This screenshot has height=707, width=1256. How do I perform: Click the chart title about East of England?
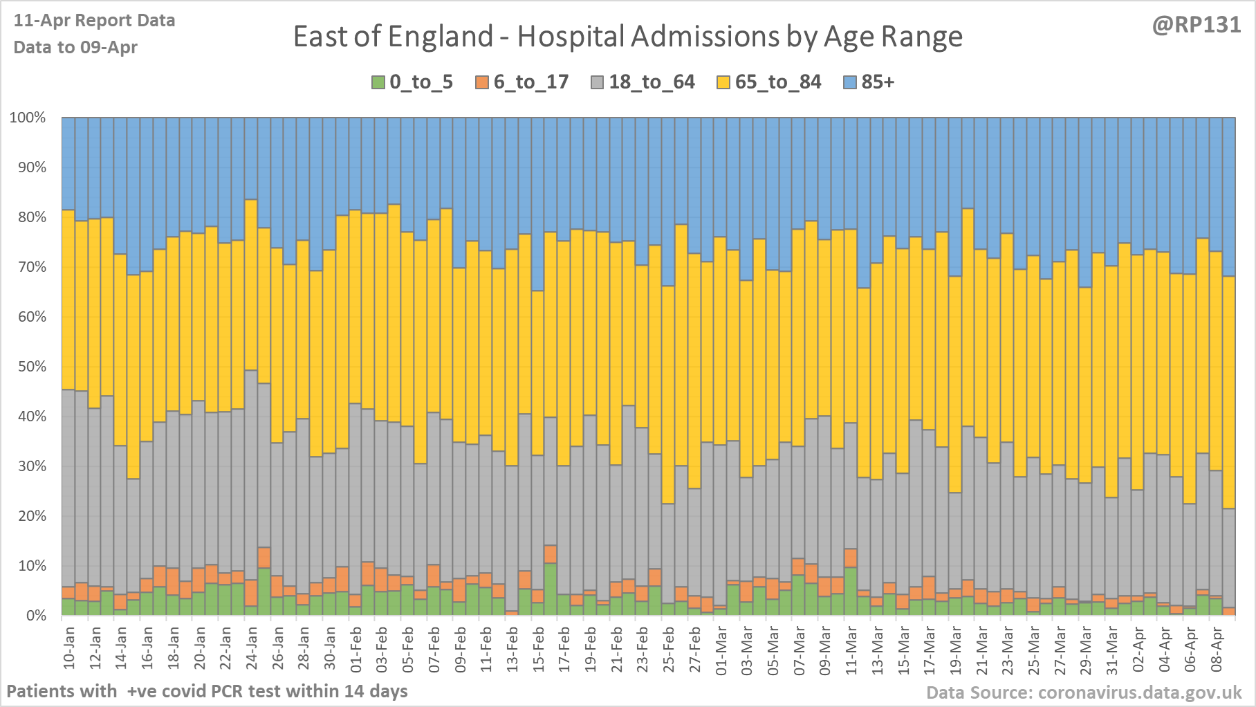click(627, 37)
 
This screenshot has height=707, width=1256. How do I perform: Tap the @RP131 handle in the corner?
click(1196, 25)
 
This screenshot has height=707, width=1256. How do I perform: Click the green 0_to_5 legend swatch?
click(378, 82)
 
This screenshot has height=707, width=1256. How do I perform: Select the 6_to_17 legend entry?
click(522, 82)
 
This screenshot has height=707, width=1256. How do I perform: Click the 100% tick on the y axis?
click(28, 118)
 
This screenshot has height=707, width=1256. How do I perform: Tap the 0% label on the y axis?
click(35, 616)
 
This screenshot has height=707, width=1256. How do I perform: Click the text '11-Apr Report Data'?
click(94, 21)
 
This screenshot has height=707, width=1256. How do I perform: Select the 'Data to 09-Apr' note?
click(75, 48)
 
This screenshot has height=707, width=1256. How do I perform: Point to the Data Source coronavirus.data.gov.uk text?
click(1084, 692)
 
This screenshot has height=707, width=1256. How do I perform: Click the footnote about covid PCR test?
click(207, 691)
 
